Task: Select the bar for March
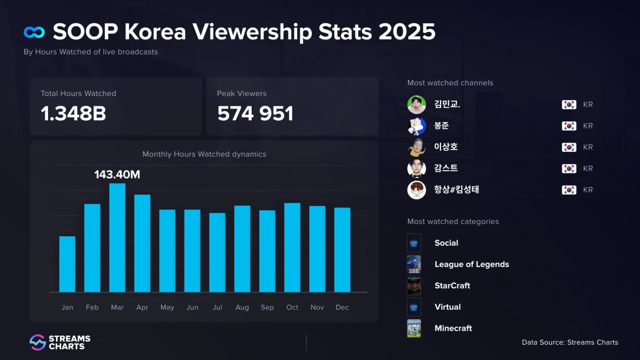pos(117,238)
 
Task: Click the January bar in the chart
pos(67,265)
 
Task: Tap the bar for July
pos(217,253)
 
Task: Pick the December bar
pos(342,250)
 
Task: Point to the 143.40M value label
pos(117,174)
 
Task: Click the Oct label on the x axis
pos(292,308)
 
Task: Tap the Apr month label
pos(142,308)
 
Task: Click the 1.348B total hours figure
pos(73,113)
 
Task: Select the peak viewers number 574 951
pos(255,113)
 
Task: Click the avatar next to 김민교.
pos(417,105)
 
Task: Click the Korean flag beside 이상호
pos(569,147)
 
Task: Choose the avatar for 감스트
pos(417,169)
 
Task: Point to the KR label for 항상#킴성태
pos(588,190)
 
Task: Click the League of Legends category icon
pos(414,265)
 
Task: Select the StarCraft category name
pos(452,286)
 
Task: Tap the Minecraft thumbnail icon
pos(414,329)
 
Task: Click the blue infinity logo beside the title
pos(34,33)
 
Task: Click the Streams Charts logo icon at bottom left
pos(37,342)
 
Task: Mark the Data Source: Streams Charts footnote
pos(570,342)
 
